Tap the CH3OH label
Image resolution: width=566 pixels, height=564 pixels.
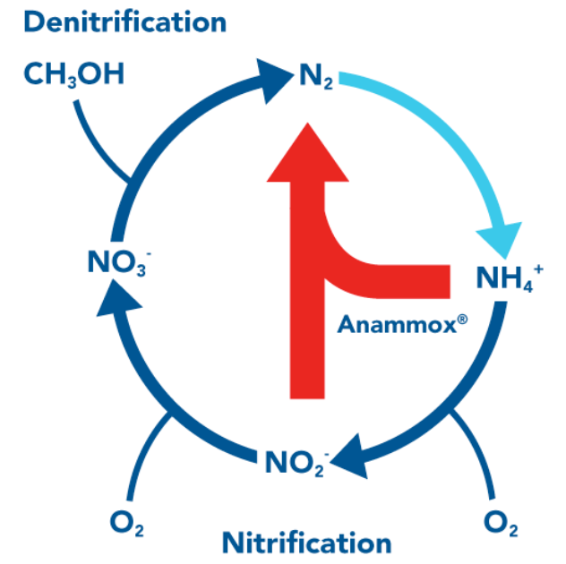(x=73, y=74)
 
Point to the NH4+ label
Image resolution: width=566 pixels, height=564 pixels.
(x=506, y=278)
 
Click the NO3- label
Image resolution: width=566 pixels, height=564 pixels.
(x=116, y=262)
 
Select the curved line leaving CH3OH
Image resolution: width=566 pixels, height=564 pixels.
(x=94, y=134)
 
